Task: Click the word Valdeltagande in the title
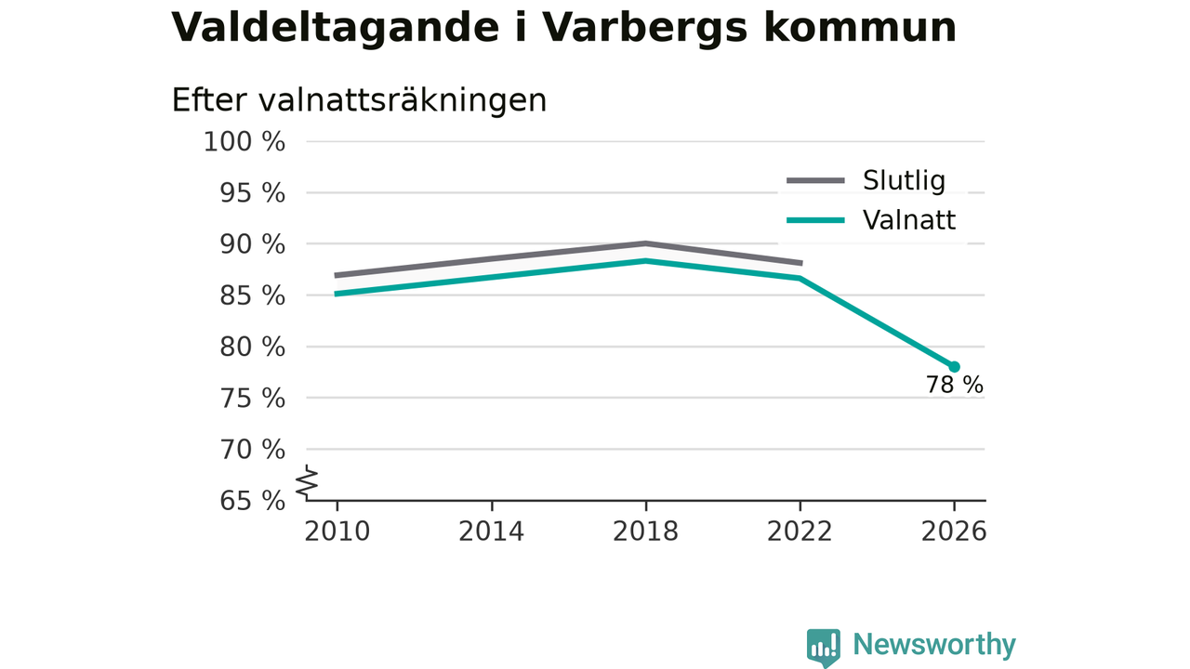coord(336,28)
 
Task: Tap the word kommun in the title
coord(860,28)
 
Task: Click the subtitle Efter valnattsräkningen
coord(359,99)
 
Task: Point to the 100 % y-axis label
coord(245,142)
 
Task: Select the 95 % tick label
coord(252,193)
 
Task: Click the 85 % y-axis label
coord(252,295)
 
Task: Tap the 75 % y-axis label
coord(252,399)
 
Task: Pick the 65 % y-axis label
coord(252,501)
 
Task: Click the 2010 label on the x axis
coord(337,531)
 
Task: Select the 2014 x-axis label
coord(492,531)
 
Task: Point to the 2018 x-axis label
coord(645,531)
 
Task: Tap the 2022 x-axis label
coord(800,531)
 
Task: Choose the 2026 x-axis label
coord(954,531)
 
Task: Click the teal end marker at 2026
coord(954,367)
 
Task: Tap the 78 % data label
coord(955,385)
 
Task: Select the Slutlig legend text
coord(905,180)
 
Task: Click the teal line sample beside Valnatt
coord(815,220)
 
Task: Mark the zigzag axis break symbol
coord(307,482)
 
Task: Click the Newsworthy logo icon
coord(824,648)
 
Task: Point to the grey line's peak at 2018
coord(645,243)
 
